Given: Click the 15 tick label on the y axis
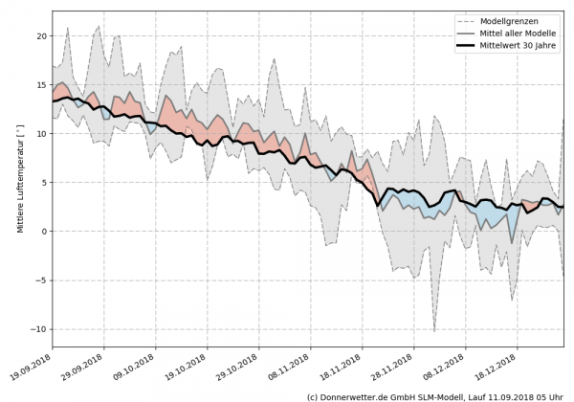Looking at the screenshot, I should tap(41, 85).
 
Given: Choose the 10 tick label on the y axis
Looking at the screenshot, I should tap(41, 134).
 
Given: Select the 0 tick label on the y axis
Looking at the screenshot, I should tap(44, 232).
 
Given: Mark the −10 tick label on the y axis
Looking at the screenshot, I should tap(38, 329).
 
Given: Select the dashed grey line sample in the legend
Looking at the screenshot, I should tap(470, 20).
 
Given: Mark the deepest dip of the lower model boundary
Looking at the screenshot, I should tap(434, 331).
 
